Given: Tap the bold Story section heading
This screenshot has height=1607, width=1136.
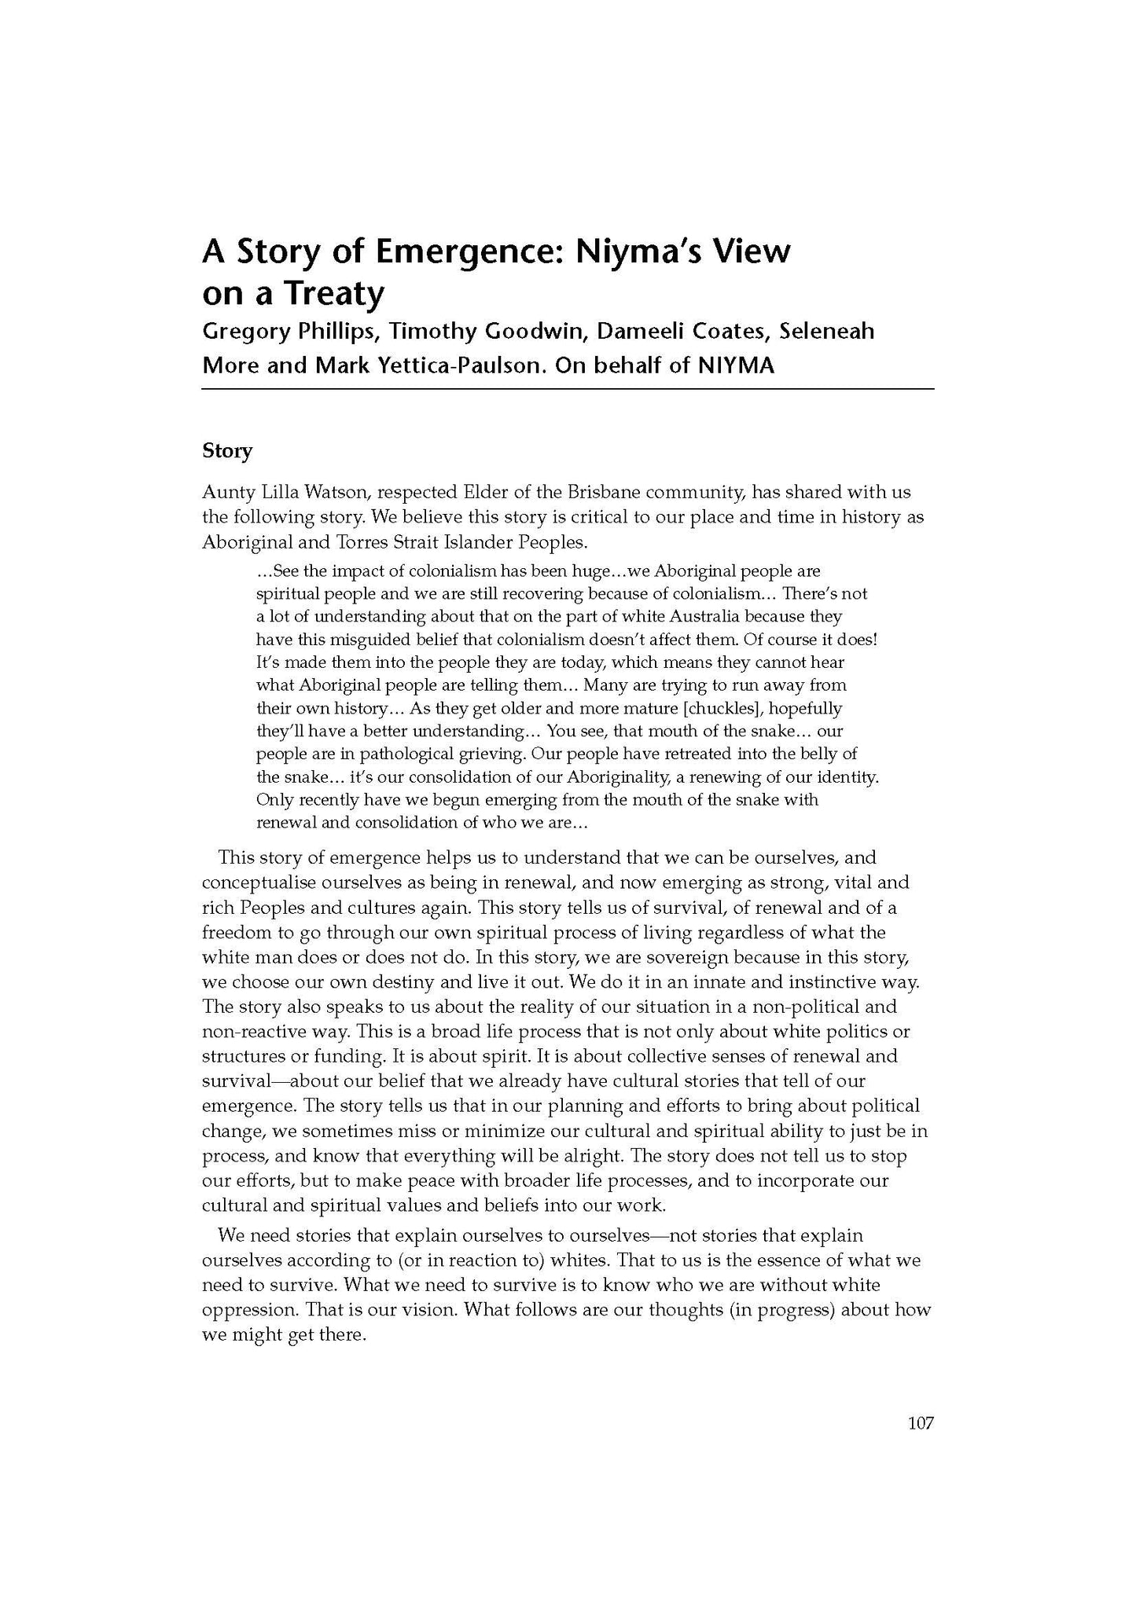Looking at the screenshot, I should pos(227,451).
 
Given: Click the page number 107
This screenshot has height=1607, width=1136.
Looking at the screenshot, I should pos(921,1422).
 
